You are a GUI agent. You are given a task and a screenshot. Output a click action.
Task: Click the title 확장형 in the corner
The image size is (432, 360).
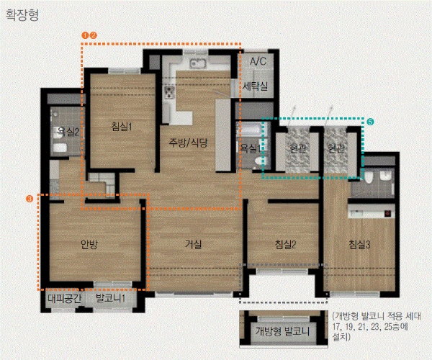pyautogui.click(x=22, y=15)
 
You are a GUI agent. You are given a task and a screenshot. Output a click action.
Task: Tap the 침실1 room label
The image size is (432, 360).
pyautogui.click(x=122, y=127)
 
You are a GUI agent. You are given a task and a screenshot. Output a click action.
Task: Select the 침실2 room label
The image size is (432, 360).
pyautogui.click(x=285, y=244)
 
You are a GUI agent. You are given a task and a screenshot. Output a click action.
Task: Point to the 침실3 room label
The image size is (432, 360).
pyautogui.click(x=359, y=244)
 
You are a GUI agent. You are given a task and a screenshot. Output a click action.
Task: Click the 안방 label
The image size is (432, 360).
pyautogui.click(x=89, y=244)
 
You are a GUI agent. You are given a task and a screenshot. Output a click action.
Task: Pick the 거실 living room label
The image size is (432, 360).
pyautogui.click(x=194, y=244)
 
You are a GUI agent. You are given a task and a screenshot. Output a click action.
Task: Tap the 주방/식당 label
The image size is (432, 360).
pyautogui.click(x=188, y=143)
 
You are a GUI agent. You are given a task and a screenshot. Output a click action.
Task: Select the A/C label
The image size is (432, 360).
pyautogui.click(x=258, y=61)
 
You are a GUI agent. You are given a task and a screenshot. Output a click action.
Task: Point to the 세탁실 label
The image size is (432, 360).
pyautogui.click(x=255, y=86)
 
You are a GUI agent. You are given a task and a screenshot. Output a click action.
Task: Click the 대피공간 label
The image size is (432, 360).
pyautogui.click(x=65, y=298)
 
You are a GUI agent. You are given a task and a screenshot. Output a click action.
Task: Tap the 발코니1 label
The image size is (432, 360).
pyautogui.click(x=110, y=298)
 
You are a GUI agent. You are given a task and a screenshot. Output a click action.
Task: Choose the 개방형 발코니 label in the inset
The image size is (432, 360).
pyautogui.click(x=282, y=330)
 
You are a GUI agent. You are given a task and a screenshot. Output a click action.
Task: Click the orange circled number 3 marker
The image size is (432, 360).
pyautogui.click(x=30, y=199)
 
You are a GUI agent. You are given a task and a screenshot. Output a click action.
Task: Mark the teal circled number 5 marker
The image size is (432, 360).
pyautogui.click(x=370, y=122)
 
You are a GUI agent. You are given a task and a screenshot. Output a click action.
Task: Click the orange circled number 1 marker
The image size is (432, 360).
pyautogui.click(x=86, y=35)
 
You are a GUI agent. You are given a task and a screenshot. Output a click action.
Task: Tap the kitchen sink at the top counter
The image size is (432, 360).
pyautogui.click(x=197, y=63)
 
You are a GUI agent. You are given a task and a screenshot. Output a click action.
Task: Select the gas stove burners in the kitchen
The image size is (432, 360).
pyautogui.click(x=169, y=92)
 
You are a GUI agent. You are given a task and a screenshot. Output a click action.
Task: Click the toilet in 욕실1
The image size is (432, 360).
pyautogui.click(x=258, y=161)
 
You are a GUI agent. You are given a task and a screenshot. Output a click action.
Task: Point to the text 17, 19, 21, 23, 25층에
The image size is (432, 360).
pyautogui.click(x=370, y=327)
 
